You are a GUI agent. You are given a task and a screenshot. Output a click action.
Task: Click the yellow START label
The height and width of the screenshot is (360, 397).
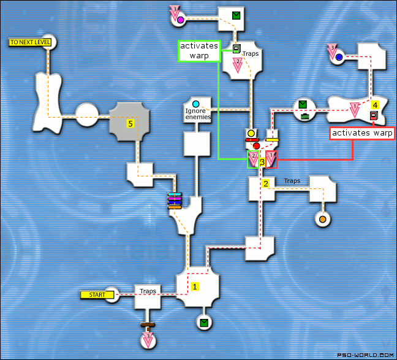[x=97, y=295]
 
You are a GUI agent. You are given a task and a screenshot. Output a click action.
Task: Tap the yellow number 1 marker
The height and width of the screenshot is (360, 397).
[x=195, y=286]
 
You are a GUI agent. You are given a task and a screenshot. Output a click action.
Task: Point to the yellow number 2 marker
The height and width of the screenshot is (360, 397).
[x=266, y=183]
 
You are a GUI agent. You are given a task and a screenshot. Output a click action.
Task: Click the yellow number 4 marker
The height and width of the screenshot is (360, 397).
[x=375, y=105]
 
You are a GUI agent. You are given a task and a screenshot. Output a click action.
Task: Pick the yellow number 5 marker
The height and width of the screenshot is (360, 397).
[x=130, y=123]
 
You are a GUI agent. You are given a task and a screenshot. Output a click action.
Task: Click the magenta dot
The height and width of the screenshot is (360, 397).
[x=180, y=20]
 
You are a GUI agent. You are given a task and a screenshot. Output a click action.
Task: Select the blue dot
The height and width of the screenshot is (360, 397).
[x=339, y=58]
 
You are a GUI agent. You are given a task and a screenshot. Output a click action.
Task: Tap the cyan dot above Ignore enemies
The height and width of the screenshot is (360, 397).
[x=196, y=104]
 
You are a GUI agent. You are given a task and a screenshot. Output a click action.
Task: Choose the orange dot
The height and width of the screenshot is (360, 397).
[x=322, y=218]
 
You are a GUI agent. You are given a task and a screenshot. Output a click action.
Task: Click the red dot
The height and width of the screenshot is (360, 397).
[x=257, y=146]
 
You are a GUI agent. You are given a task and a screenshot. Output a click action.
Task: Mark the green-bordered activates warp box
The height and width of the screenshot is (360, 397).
[x=198, y=51]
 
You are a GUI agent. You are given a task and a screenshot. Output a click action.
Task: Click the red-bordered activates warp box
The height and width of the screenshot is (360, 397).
[x=361, y=133]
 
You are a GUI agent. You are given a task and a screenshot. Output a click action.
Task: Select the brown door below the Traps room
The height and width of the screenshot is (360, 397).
[x=147, y=325]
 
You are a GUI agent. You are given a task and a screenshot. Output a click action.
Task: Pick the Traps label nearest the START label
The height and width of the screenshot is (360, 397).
[x=148, y=291]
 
